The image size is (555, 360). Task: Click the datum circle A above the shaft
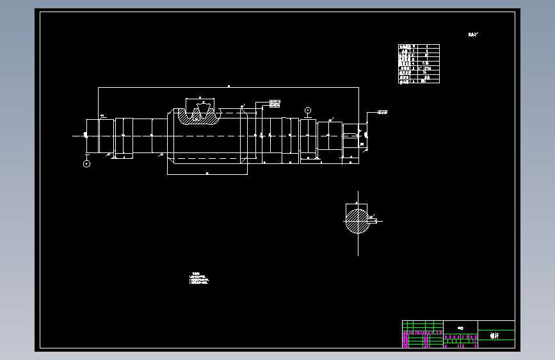pyautogui.click(x=308, y=111)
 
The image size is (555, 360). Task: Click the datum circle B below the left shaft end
pyautogui.click(x=86, y=163)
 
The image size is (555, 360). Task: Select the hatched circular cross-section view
pyautogui.click(x=357, y=221)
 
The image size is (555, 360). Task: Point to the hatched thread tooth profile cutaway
pyautogui.click(x=198, y=116)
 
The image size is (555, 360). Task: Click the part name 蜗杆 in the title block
pyautogui.click(x=495, y=335)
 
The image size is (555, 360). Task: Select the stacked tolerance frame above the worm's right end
pyautogui.click(x=275, y=103)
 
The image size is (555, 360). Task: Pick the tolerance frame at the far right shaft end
pyautogui.click(x=383, y=112)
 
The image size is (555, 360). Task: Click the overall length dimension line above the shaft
pyautogui.click(x=229, y=87)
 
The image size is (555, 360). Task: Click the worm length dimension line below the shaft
pyautogui.click(x=207, y=174)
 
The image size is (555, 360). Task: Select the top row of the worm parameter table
pyautogui.click(x=419, y=47)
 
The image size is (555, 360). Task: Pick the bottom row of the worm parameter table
pyautogui.click(x=419, y=81)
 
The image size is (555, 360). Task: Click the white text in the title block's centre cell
pyautogui.click(x=460, y=327)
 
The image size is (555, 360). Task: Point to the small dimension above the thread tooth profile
pyautogui.click(x=202, y=101)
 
